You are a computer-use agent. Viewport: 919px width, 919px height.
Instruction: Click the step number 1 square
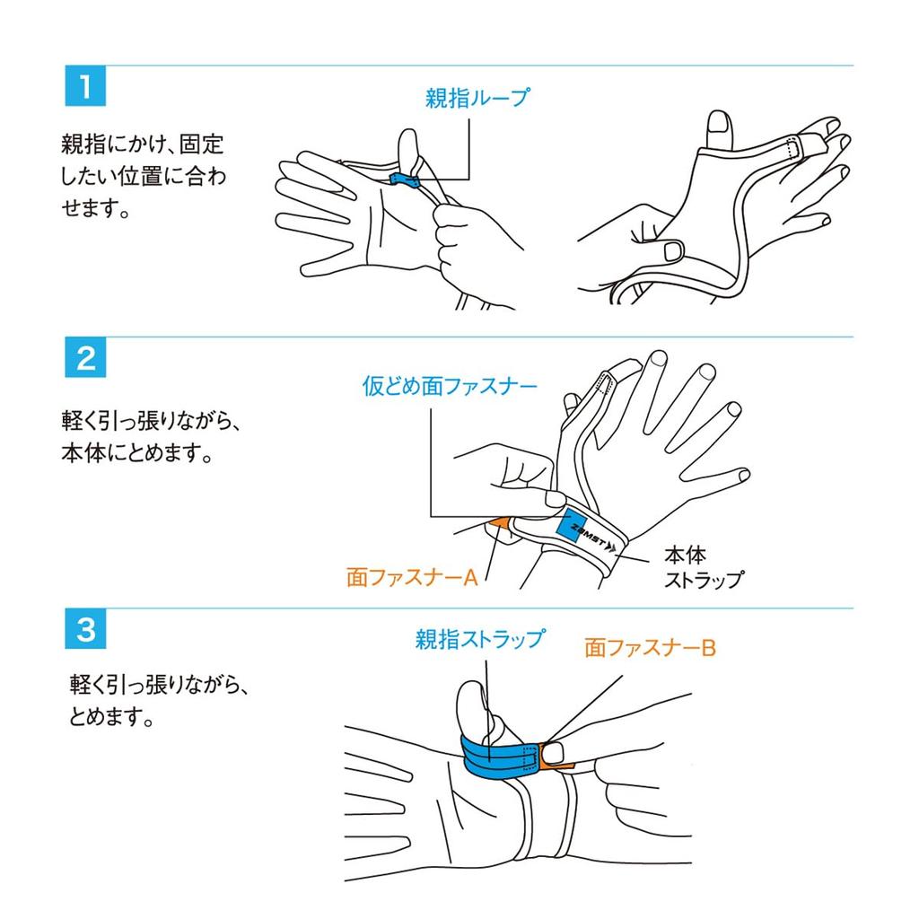[85, 85]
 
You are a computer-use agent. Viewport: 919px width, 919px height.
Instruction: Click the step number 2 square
[85, 357]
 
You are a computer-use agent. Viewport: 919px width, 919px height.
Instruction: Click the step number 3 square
[85, 629]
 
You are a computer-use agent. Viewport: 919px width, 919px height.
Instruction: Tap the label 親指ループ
[477, 97]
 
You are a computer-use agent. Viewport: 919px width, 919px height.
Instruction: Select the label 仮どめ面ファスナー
[450, 386]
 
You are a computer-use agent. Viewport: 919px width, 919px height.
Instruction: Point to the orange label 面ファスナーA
[412, 577]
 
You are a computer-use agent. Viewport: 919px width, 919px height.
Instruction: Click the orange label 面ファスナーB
[650, 648]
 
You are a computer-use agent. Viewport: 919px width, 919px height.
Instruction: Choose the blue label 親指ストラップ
[480, 639]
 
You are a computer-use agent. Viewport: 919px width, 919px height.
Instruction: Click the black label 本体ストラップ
[704, 567]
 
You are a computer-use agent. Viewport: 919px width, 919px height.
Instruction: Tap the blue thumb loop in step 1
[403, 179]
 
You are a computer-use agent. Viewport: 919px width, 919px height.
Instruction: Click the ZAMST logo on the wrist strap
[593, 538]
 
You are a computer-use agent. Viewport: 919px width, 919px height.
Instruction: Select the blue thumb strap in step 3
[499, 757]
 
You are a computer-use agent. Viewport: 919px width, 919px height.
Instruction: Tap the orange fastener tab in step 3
[554, 757]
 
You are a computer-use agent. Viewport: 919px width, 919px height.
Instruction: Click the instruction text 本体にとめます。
[137, 453]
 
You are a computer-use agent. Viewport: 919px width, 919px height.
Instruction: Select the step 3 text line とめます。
[111, 715]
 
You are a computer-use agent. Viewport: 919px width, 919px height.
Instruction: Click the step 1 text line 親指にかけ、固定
[143, 144]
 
